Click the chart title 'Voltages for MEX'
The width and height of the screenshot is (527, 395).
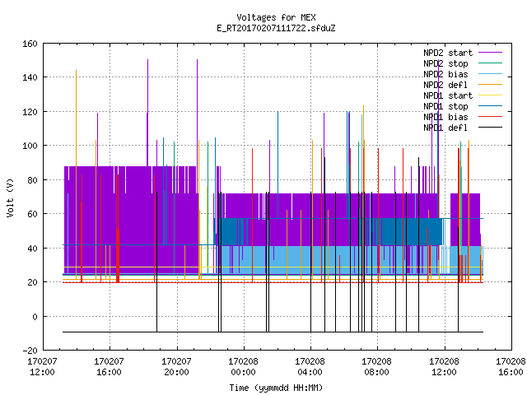[276, 17]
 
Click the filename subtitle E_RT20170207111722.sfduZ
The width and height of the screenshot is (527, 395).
[276, 28]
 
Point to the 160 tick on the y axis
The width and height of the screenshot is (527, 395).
[30, 44]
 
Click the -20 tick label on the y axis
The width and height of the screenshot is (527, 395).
[30, 351]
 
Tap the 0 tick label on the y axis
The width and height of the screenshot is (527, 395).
[35, 316]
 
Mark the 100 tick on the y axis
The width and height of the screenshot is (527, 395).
[30, 146]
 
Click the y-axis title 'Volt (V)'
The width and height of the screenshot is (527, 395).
[11, 197]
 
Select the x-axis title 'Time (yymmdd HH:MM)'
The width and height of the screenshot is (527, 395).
[276, 388]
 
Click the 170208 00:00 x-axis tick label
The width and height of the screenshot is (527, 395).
[244, 367]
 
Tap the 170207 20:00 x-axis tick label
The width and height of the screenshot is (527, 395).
[176, 367]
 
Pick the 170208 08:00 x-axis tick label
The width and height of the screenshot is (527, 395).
[377, 367]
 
